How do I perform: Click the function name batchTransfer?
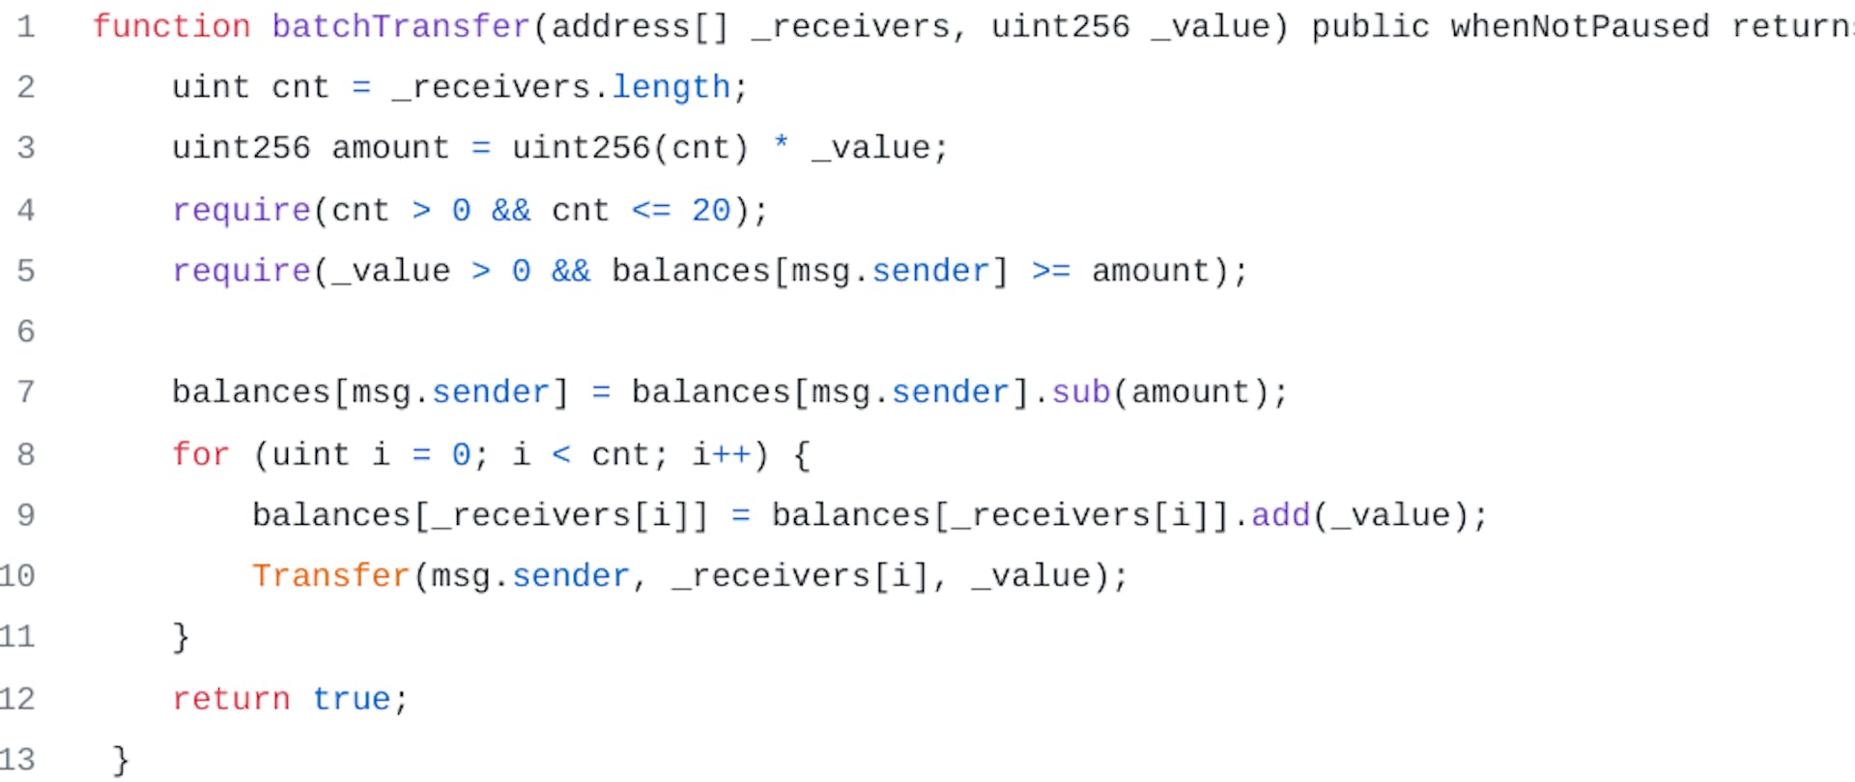click(x=401, y=26)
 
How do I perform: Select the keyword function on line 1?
click(x=171, y=26)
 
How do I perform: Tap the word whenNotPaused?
click(x=1580, y=26)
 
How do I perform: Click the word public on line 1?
click(x=1370, y=26)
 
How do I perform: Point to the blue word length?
click(x=671, y=87)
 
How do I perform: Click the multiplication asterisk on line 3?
click(x=781, y=146)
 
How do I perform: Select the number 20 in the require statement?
click(x=711, y=210)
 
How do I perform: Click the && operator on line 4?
click(x=511, y=210)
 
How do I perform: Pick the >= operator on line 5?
click(x=1051, y=271)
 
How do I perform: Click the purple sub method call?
click(x=1081, y=391)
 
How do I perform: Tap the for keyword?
click(x=201, y=453)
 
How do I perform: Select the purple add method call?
click(x=1280, y=514)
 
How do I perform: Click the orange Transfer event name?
click(x=331, y=575)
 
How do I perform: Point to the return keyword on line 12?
click(x=231, y=698)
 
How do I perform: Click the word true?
click(x=352, y=698)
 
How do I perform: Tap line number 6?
click(x=26, y=332)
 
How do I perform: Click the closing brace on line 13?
click(x=121, y=760)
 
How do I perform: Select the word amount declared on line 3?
click(x=390, y=148)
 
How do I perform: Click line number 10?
click(x=17, y=576)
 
